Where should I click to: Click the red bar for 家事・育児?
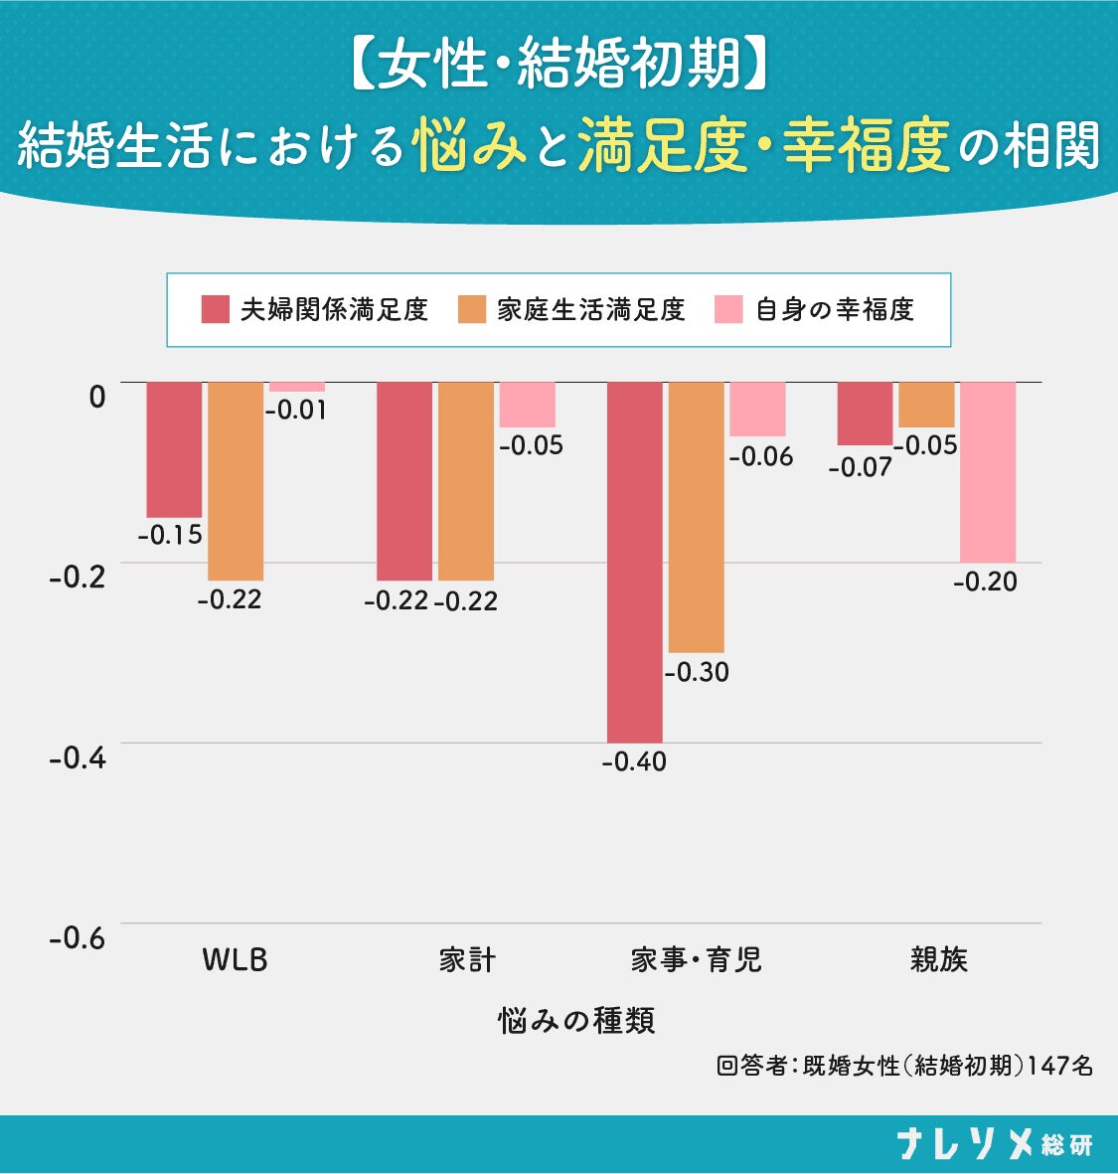pos(635,563)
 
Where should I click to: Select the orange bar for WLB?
pos(236,481)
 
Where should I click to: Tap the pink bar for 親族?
pos(988,472)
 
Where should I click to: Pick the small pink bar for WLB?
pos(297,387)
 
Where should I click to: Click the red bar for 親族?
pos(865,414)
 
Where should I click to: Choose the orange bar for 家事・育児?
pos(697,517)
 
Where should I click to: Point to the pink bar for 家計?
pos(528,405)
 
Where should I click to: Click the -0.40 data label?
pos(634,762)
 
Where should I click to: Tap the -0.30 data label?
pos(697,672)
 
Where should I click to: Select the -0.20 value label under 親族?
pos(985,582)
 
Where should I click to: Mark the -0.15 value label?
pos(170,535)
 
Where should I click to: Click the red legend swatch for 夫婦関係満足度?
pos(216,309)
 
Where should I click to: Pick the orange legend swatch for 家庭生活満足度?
pos(472,309)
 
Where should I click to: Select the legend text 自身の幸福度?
pos(835,309)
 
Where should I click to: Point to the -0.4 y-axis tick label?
pos(78,758)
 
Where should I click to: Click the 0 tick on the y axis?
pos(97,396)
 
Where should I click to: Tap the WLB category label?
pos(235,960)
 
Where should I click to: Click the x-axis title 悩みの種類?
pos(576,1021)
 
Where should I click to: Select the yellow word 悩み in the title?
pos(469,144)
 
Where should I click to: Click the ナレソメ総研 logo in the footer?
pos(995,1143)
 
